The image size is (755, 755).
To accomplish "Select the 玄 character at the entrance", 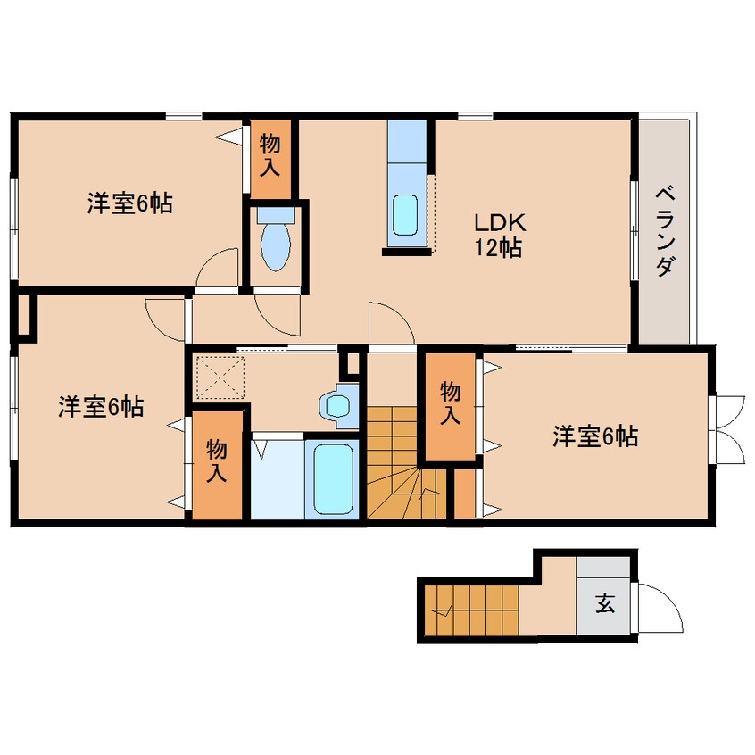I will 604,605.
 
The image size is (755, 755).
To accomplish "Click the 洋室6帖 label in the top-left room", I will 129,203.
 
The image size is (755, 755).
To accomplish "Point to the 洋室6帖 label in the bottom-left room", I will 101,407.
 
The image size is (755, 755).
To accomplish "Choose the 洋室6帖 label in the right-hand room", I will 594,436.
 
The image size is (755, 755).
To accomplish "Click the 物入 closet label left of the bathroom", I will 218,460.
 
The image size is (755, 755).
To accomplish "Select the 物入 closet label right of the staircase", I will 452,403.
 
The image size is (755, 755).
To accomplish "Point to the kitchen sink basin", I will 406,213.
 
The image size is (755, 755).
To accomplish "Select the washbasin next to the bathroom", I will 337,405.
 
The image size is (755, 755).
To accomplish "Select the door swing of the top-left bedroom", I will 218,268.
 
